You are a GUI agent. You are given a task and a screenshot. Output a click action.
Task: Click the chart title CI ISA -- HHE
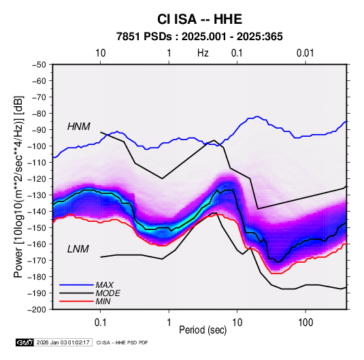click(199, 19)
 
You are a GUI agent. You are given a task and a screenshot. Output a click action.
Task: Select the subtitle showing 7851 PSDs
click(199, 37)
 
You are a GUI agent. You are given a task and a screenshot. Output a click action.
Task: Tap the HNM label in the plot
click(79, 127)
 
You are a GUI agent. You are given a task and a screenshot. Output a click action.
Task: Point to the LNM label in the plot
click(78, 249)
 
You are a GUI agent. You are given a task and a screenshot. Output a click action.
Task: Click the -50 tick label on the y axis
click(39, 65)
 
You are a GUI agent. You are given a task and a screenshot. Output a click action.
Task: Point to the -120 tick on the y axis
click(37, 179)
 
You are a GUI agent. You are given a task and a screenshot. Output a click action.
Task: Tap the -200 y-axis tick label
click(37, 310)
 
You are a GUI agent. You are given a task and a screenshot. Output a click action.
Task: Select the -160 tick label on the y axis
click(37, 244)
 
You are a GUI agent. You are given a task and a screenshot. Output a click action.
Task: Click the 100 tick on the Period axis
click(305, 323)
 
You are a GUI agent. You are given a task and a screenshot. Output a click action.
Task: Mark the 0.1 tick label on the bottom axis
click(100, 323)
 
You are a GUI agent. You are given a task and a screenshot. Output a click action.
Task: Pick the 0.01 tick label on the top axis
click(305, 53)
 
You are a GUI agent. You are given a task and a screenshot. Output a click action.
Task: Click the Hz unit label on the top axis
click(203, 53)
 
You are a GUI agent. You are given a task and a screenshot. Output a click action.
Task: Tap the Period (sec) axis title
click(203, 330)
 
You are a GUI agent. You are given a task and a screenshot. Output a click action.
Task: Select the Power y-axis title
click(18, 186)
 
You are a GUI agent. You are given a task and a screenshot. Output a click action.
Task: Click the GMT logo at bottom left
click(24, 342)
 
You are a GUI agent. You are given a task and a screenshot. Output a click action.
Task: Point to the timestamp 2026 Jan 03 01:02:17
click(63, 342)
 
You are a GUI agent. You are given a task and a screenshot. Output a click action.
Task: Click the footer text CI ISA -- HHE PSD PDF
click(122, 342)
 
